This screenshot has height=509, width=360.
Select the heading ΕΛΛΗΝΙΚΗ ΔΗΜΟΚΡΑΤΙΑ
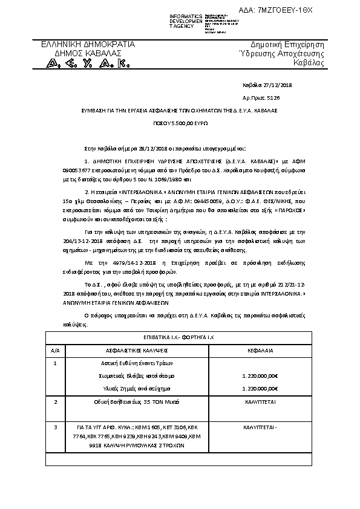coord(88,45)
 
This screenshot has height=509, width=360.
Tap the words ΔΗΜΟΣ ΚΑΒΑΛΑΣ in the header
coord(88,53)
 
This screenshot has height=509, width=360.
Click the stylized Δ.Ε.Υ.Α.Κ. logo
coord(88,63)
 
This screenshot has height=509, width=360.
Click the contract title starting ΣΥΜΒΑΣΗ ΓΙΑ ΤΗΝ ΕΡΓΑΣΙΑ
coord(180,111)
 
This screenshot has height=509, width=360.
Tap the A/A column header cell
coord(55,350)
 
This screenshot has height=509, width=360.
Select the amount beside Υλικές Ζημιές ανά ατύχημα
coord(259,387)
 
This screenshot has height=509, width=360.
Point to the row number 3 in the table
coord(55,427)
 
